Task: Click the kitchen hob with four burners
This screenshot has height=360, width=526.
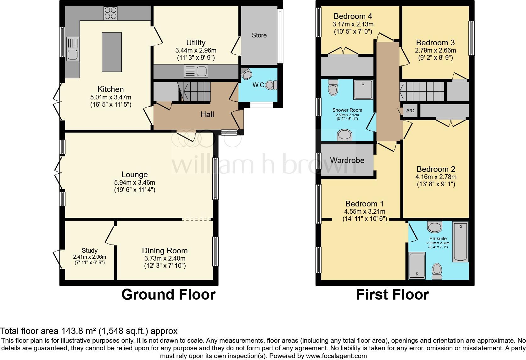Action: pos(110,13)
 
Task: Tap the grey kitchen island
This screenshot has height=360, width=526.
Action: pos(112,52)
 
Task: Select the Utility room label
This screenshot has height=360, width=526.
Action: pos(196,42)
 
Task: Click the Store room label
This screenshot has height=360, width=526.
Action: pos(259,35)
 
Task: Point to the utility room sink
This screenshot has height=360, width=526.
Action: pos(196,71)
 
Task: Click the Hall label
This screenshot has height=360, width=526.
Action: pos(207,115)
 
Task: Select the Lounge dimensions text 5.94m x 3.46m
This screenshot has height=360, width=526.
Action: pos(135,183)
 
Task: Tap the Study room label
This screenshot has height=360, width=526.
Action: pos(89,251)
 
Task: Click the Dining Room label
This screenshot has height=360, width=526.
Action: pos(165,251)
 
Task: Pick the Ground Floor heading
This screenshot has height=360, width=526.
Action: pos(168,295)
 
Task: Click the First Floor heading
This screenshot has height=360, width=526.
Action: pos(392,295)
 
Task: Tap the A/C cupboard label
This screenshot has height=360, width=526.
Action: pos(410,111)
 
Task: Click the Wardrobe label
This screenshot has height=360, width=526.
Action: pos(347,160)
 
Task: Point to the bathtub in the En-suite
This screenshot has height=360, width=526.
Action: pos(460,241)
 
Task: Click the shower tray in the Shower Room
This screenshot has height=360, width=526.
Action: pos(363,89)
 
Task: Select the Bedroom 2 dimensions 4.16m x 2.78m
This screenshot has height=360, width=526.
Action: pos(436,177)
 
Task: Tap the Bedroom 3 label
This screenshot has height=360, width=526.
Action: pos(435,42)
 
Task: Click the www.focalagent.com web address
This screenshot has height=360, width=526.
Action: pos(336,356)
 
